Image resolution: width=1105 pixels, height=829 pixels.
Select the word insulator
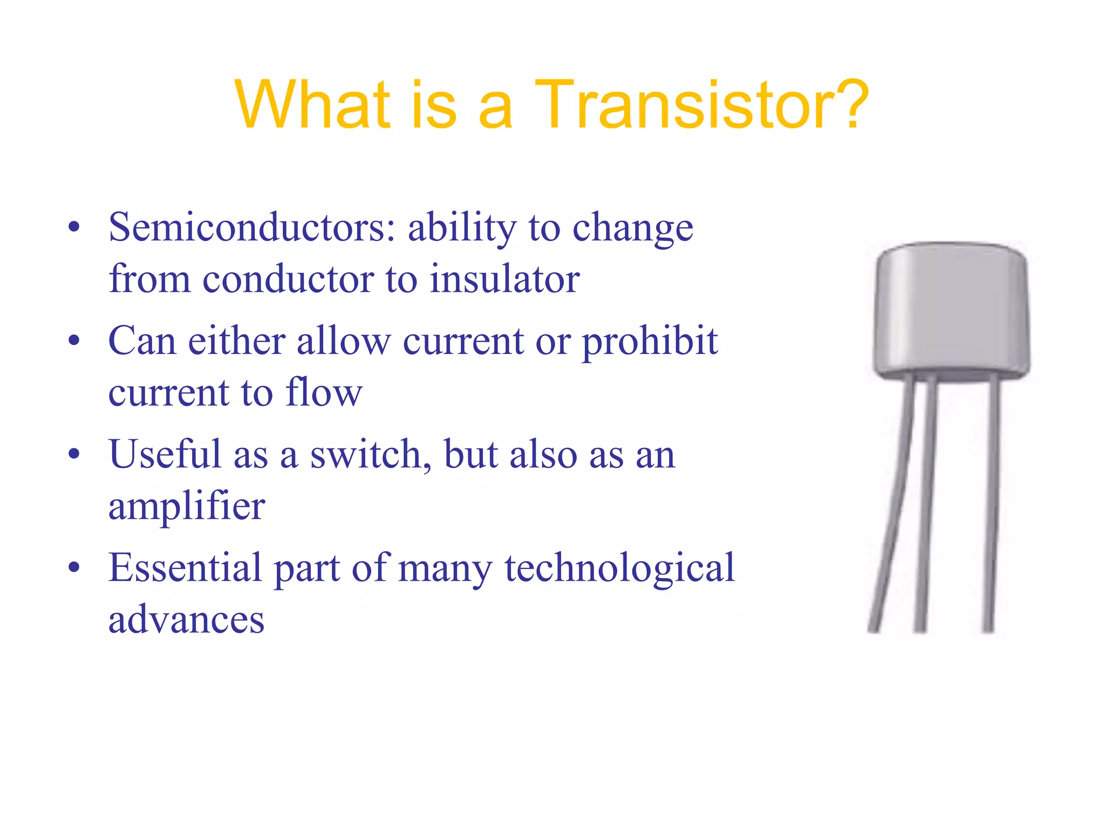[504, 280]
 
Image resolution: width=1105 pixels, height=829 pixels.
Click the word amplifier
[187, 506]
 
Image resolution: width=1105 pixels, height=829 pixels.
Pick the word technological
[619, 568]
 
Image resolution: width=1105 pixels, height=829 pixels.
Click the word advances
[186, 620]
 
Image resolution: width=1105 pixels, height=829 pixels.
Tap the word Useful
[165, 454]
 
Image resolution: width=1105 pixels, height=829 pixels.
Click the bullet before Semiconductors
[74, 227]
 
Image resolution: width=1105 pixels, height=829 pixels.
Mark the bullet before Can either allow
[74, 341]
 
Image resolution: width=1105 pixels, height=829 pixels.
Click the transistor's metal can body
[951, 310]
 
